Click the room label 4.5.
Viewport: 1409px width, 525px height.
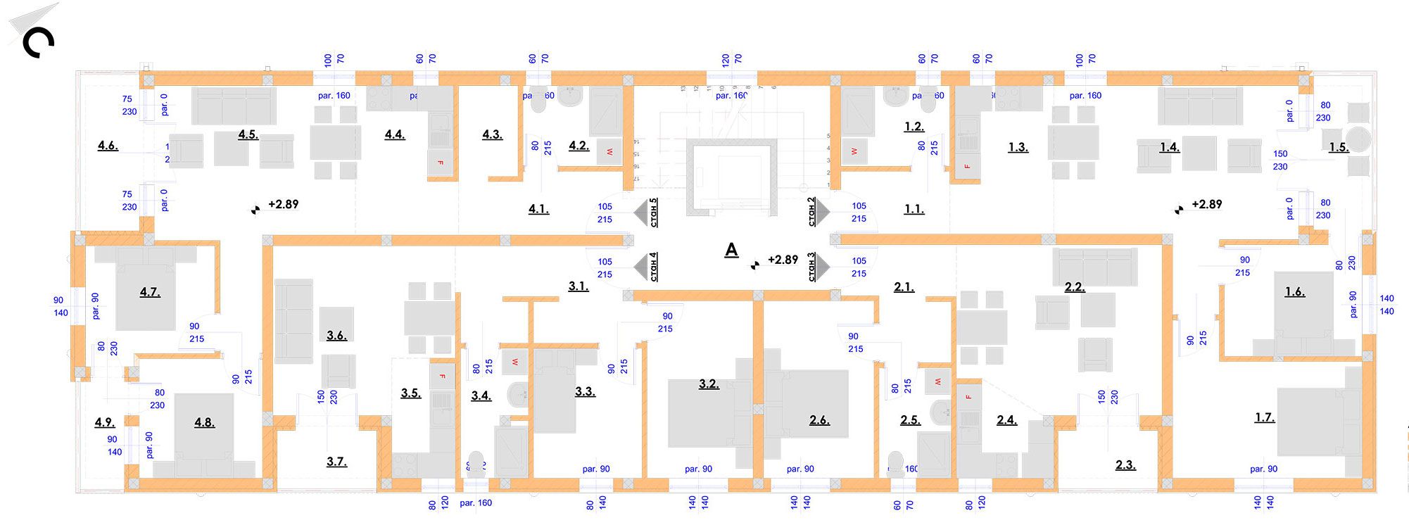pyautogui.click(x=248, y=134)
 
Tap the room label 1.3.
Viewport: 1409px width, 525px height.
pyautogui.click(x=1018, y=147)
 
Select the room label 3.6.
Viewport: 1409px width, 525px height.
pyautogui.click(x=336, y=336)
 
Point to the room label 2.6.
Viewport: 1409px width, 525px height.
pyautogui.click(x=819, y=420)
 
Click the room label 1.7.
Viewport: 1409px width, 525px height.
pyautogui.click(x=1264, y=417)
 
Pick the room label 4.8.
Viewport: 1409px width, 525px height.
pyautogui.click(x=204, y=422)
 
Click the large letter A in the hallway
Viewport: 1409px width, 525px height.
pyautogui.click(x=732, y=250)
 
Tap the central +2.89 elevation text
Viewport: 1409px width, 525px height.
pyautogui.click(x=783, y=260)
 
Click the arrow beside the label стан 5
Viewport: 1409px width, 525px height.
pyautogui.click(x=640, y=212)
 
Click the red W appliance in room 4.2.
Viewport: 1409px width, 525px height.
pyautogui.click(x=609, y=152)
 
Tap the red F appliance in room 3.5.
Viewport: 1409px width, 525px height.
pyautogui.click(x=442, y=377)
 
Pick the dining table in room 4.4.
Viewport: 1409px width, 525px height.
pyautogui.click(x=335, y=143)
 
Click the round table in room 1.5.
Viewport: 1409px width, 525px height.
pyautogui.click(x=1358, y=139)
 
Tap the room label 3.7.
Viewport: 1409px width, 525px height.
pyautogui.click(x=336, y=462)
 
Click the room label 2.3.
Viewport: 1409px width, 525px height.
pyautogui.click(x=1125, y=464)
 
